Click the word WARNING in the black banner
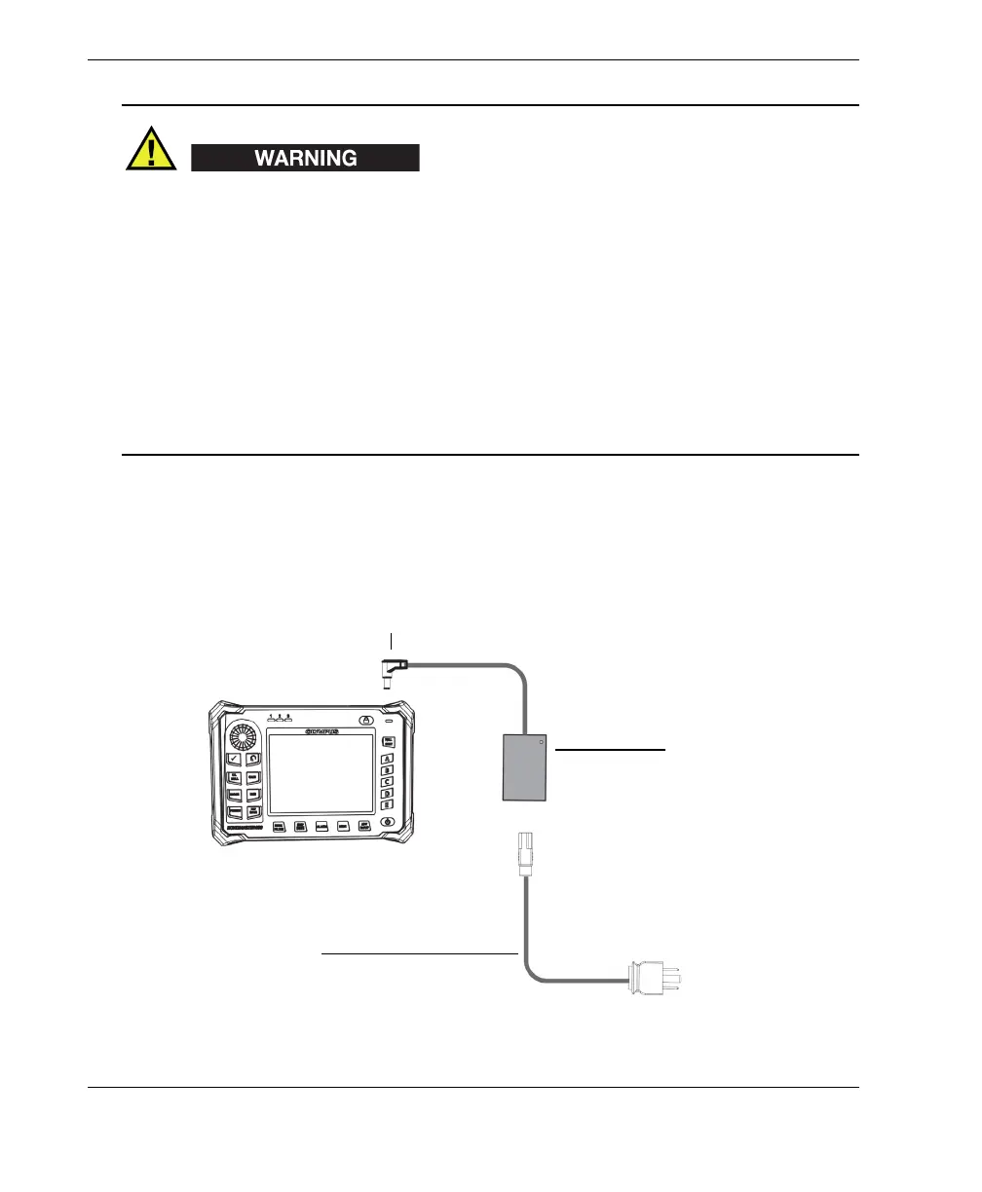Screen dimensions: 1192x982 pyautogui.click(x=305, y=158)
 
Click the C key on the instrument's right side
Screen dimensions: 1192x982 pyautogui.click(x=387, y=781)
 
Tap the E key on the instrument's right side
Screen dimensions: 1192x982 pyautogui.click(x=387, y=804)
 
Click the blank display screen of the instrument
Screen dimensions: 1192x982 pyautogui.click(x=321, y=774)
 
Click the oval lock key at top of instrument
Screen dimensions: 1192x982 pyautogui.click(x=365, y=721)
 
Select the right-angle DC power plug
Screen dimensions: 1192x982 pyautogui.click(x=394, y=673)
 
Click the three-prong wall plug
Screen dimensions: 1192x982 pyautogui.click(x=654, y=976)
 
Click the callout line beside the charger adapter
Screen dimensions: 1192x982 pyautogui.click(x=610, y=751)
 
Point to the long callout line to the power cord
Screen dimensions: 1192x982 pyautogui.click(x=419, y=952)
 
